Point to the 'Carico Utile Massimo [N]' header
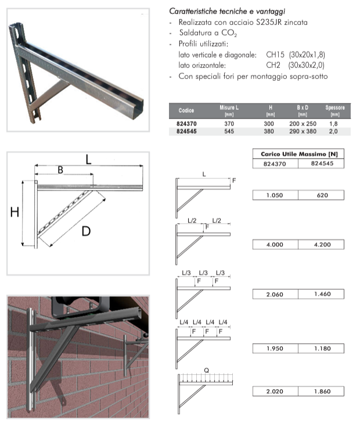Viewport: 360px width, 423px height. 298,153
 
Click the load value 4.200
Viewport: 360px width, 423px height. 321,245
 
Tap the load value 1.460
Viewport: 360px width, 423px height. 321,295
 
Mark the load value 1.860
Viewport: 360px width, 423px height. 321,392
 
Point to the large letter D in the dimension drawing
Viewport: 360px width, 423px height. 86,231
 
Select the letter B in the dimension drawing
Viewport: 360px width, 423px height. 60,170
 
